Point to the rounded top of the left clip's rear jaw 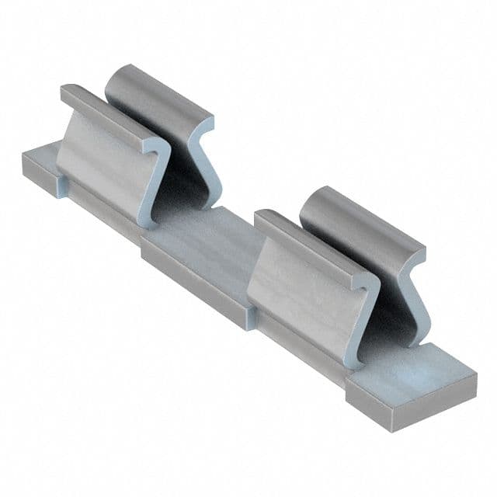coord(155,89)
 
